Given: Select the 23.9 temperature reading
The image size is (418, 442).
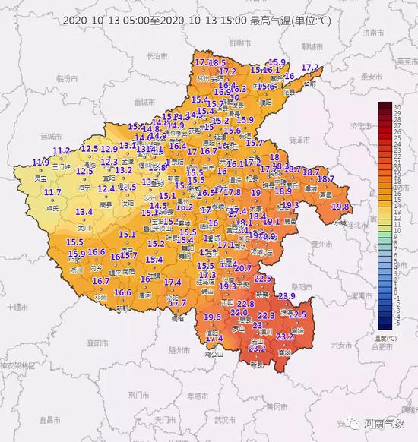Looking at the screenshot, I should pos(287,295).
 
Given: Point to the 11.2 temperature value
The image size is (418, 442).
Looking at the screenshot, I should pos(62,151).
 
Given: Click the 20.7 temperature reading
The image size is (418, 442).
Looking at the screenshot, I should pos(243,268).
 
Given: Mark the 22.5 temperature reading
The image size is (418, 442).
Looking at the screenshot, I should pos(263,279).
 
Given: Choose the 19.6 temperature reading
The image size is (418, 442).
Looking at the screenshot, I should pos(213,317).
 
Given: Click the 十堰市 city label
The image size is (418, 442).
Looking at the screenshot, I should pos(17,306).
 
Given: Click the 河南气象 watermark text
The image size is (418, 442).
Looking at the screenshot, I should pos(385,424).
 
